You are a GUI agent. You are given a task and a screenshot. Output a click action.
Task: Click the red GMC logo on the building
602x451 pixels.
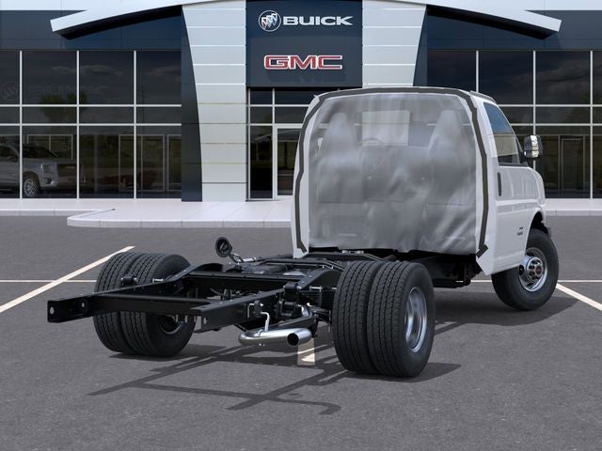tap(303, 63)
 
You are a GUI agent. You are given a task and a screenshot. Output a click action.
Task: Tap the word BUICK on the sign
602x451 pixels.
tap(318, 21)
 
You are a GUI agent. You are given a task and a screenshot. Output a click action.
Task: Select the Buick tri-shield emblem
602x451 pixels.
tap(270, 21)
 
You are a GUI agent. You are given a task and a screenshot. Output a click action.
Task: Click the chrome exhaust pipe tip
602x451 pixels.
tap(293, 339)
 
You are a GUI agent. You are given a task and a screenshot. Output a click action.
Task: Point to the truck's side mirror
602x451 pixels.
tap(532, 147)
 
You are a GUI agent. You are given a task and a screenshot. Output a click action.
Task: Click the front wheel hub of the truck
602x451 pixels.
tap(533, 270)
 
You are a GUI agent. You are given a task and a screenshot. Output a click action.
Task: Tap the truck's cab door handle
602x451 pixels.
tap(499, 184)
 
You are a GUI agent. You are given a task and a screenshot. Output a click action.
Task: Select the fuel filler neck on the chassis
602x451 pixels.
tap(224, 248)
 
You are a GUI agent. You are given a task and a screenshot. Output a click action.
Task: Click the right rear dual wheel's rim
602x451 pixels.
tap(416, 319)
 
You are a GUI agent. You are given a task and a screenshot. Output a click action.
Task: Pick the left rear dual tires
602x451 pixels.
tap(143, 303)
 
